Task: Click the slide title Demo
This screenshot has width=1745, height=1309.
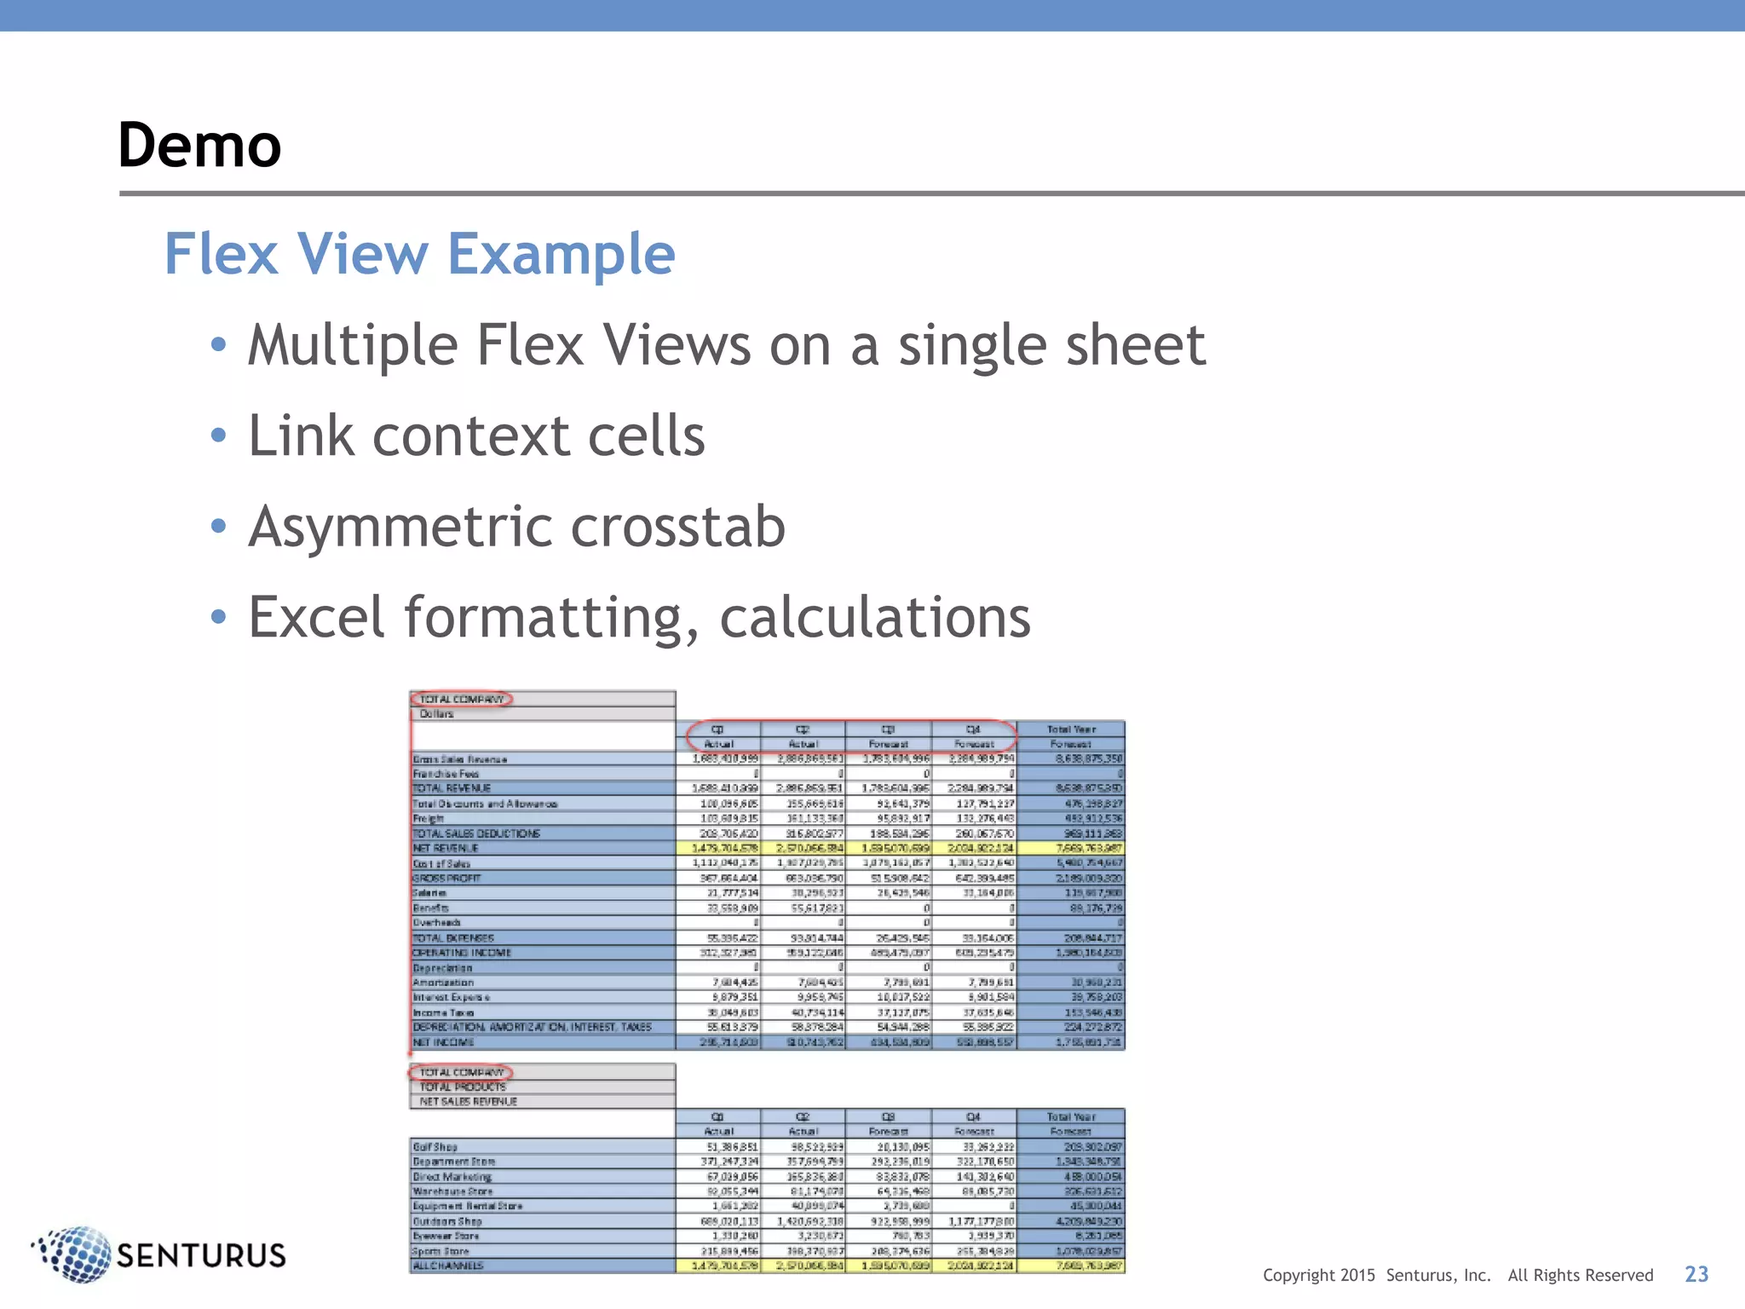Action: [199, 145]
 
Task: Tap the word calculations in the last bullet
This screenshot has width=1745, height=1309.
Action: [875, 617]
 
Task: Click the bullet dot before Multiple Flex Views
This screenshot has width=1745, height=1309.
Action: [219, 345]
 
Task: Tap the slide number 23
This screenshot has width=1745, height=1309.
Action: [1696, 1274]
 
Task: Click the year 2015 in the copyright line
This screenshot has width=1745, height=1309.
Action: [1357, 1276]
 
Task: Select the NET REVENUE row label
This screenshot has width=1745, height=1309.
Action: [446, 848]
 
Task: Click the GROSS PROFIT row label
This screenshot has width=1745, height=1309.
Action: [447, 878]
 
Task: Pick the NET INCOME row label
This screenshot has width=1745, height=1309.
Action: [443, 1042]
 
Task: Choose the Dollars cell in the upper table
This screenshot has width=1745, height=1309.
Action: [436, 714]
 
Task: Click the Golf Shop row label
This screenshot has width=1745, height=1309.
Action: [435, 1147]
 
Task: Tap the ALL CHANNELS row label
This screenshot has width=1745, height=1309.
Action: [448, 1266]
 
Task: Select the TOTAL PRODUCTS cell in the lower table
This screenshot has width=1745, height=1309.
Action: [463, 1087]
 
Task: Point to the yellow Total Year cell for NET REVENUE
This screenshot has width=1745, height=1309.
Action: [1071, 848]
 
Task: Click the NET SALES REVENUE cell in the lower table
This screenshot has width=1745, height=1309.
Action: [468, 1101]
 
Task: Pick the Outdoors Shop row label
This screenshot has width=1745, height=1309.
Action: [447, 1221]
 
